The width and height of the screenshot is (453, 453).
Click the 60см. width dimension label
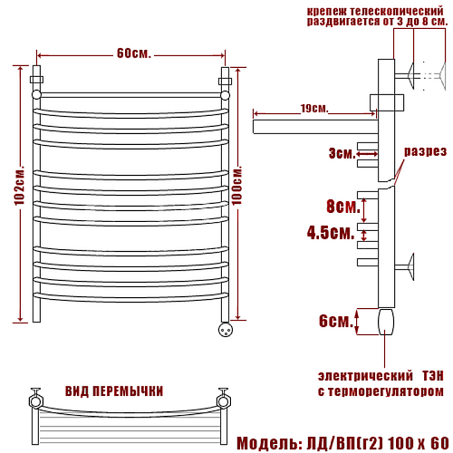133,53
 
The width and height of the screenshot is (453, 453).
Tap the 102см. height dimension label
20,186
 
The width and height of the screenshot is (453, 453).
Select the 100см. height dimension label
237,186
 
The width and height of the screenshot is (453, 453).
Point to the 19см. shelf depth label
314,109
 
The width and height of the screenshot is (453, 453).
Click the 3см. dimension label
342,153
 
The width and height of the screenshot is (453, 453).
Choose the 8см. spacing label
343,207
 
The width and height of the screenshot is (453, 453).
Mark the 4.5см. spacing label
331,233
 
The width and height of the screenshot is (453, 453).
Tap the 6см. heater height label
336,321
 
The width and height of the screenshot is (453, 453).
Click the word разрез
425,151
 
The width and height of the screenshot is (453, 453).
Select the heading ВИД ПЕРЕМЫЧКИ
114,391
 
